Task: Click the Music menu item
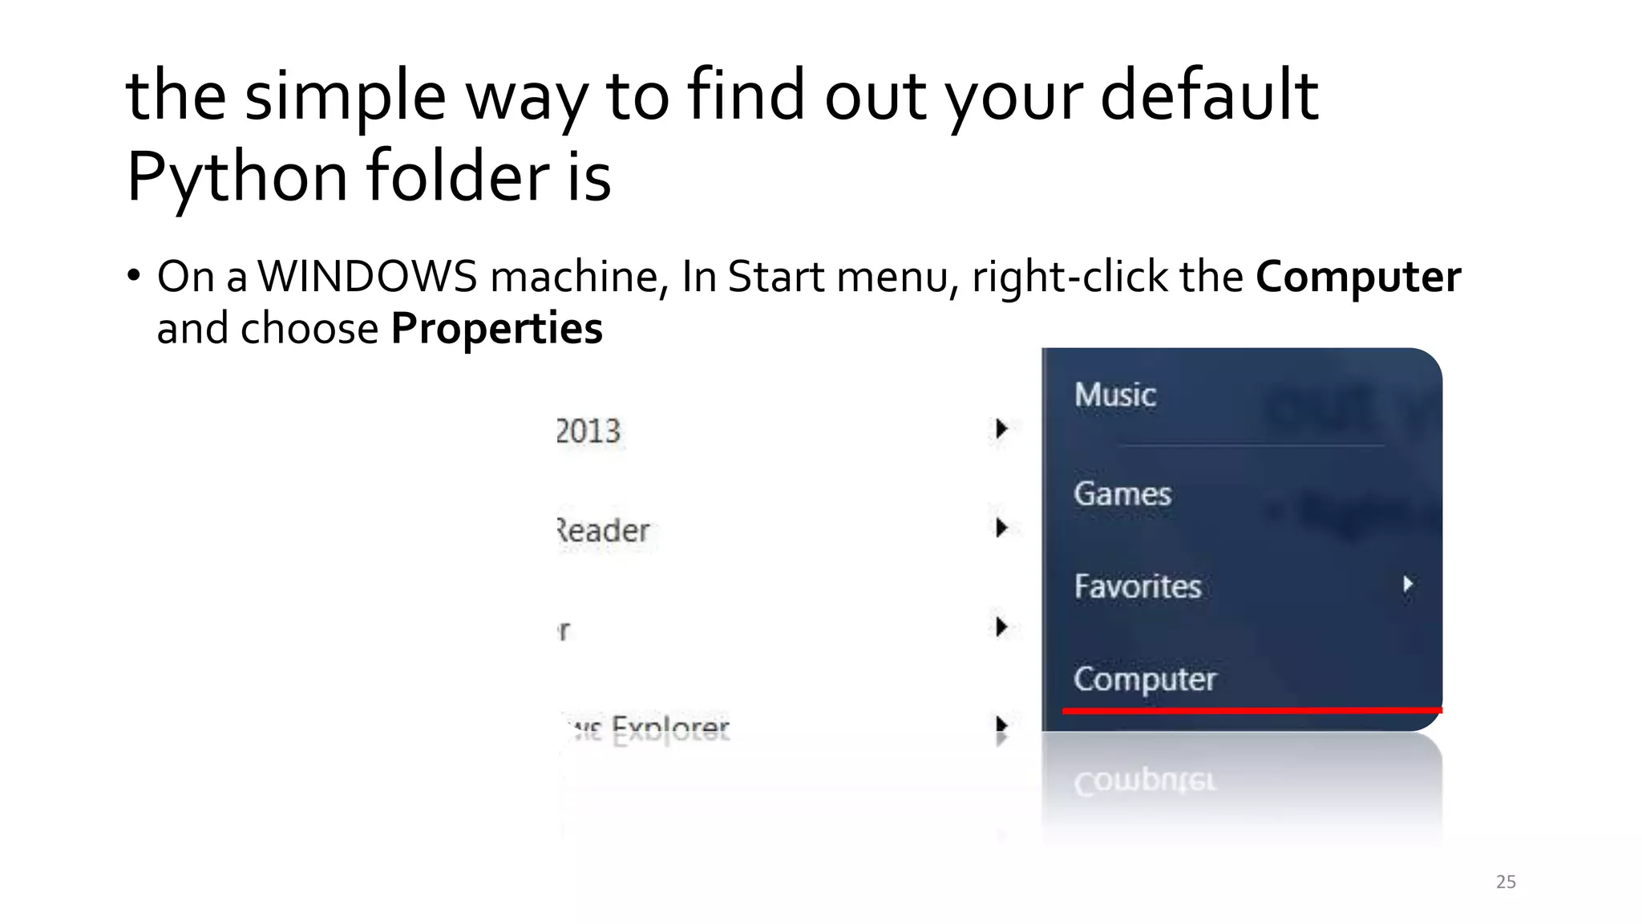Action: point(1114,395)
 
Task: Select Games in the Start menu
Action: point(1122,493)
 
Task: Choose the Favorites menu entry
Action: point(1137,586)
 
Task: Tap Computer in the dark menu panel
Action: point(1144,679)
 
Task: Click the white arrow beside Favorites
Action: point(1408,584)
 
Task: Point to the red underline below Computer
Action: point(1251,711)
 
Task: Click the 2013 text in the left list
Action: point(588,432)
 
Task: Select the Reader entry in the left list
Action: point(603,530)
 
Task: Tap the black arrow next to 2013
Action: point(1001,429)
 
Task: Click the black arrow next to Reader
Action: point(1001,528)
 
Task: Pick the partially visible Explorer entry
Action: point(649,728)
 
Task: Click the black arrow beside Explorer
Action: point(1001,726)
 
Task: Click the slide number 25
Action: point(1506,881)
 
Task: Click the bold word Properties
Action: point(496,328)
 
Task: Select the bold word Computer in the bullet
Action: point(1358,277)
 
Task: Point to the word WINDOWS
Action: point(367,277)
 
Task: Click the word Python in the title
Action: point(237,176)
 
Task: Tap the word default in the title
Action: point(1209,95)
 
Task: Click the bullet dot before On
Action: point(134,275)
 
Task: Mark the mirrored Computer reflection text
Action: point(1144,780)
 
